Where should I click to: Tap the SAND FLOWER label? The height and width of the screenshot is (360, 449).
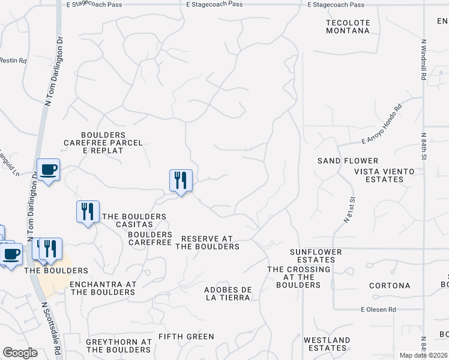pos(348,161)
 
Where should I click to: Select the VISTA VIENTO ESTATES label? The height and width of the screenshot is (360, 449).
pos(384,175)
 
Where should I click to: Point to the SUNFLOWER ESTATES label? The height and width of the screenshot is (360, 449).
pos(316,256)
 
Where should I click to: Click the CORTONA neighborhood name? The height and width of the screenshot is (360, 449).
pos(390,286)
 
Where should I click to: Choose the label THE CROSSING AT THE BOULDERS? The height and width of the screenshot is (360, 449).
pos(298,277)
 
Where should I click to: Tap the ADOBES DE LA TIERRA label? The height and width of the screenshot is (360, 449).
pos(228,293)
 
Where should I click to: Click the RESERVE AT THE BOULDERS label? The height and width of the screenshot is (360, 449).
pos(210,242)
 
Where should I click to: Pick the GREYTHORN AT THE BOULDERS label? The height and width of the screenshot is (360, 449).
pos(118,346)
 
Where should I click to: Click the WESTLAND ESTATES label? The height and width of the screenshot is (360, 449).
pos(327,344)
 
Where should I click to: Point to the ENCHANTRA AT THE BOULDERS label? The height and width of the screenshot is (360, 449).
pos(103,288)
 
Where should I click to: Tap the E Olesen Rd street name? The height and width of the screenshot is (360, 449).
pos(378,310)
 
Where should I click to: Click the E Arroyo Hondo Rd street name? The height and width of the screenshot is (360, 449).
pos(381,125)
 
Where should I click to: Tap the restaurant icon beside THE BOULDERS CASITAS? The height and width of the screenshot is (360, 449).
pos(88,212)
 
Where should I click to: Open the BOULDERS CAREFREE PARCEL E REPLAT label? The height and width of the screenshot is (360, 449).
pos(103,143)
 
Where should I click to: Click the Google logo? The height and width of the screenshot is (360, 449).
pos(20,353)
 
